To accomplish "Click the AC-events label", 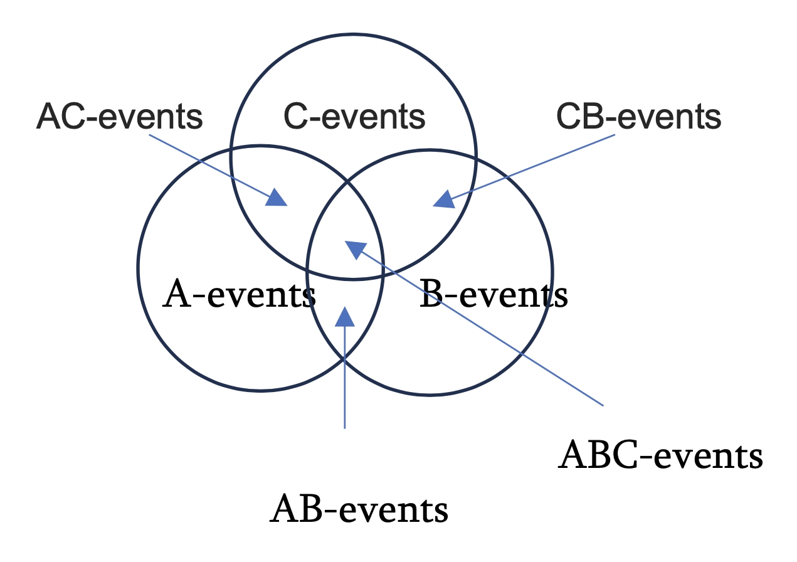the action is (x=120, y=116).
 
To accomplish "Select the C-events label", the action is (x=354, y=116).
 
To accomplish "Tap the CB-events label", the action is (x=639, y=116).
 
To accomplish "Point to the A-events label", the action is (x=239, y=294).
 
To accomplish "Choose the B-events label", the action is (x=494, y=294).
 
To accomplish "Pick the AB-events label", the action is (x=359, y=509).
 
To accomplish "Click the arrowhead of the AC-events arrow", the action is (x=277, y=198).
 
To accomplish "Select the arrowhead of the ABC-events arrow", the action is (x=355, y=249).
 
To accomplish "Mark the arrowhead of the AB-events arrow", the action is (x=345, y=317).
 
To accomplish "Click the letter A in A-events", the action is (x=176, y=294).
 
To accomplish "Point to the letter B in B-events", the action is (x=431, y=294).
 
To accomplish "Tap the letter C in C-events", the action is (x=296, y=116).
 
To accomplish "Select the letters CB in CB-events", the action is (x=580, y=116).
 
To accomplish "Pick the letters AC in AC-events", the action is (x=61, y=116).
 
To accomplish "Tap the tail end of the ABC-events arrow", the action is (x=603, y=405).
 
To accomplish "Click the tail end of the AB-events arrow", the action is (x=345, y=428).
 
